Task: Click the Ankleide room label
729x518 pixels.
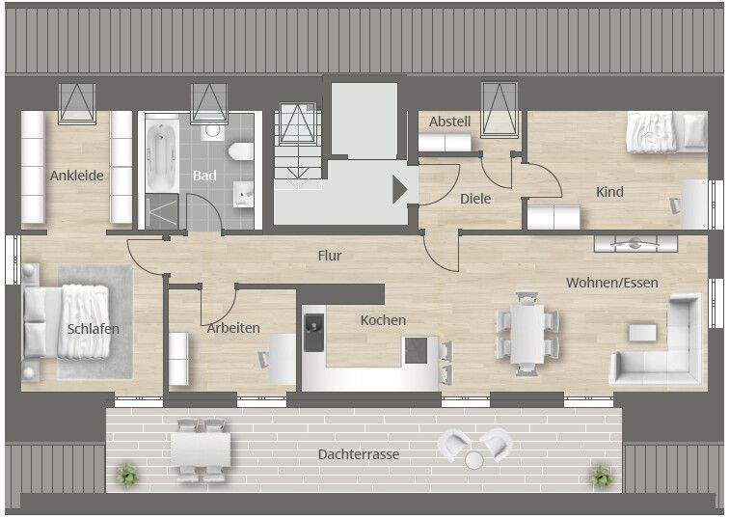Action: pyautogui.click(x=77, y=176)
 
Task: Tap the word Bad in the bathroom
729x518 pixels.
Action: pyautogui.click(x=204, y=176)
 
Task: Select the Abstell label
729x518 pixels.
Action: pyautogui.click(x=449, y=122)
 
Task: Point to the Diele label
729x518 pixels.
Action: pyautogui.click(x=475, y=199)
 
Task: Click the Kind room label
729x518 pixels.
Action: pyautogui.click(x=609, y=192)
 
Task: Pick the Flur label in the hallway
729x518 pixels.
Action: pyautogui.click(x=331, y=256)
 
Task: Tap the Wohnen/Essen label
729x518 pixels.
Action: pyautogui.click(x=612, y=283)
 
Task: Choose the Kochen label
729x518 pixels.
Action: pyautogui.click(x=383, y=320)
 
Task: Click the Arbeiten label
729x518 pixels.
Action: pyautogui.click(x=233, y=328)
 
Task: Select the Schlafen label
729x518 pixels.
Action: pyautogui.click(x=94, y=329)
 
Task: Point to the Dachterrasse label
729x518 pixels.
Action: pyautogui.click(x=359, y=454)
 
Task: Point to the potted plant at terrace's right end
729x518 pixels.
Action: pyautogui.click(x=602, y=475)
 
